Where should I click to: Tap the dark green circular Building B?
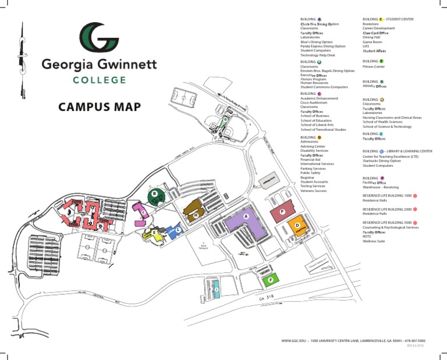[155, 196]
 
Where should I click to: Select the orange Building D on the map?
[297, 226]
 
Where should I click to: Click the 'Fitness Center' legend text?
[374, 67]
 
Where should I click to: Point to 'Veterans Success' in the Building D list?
[314, 191]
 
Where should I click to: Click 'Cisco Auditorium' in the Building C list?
[315, 103]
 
